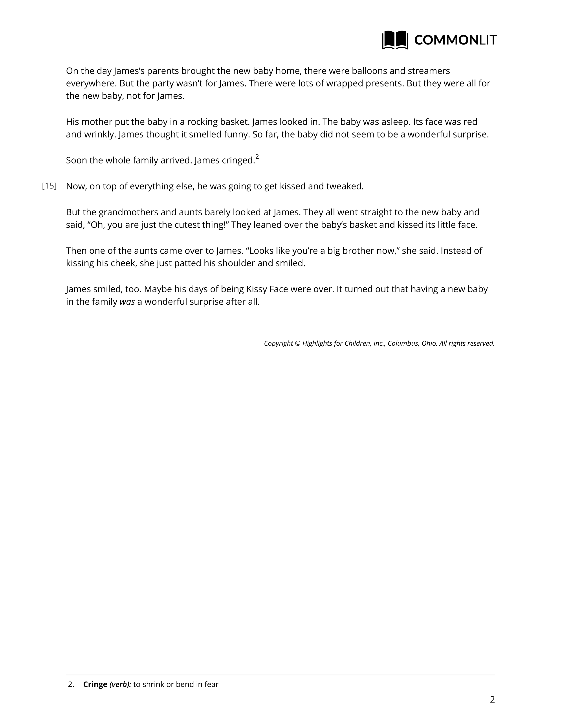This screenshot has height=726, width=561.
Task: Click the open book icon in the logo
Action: coord(395,40)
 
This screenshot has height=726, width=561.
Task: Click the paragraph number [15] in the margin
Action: coord(49,186)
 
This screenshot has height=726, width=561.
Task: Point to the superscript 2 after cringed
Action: coord(257,157)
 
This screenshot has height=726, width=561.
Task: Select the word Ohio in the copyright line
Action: coord(429,343)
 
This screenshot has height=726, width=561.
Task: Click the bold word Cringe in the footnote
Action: coord(95,684)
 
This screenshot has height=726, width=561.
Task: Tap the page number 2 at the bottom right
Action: coord(492,700)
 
